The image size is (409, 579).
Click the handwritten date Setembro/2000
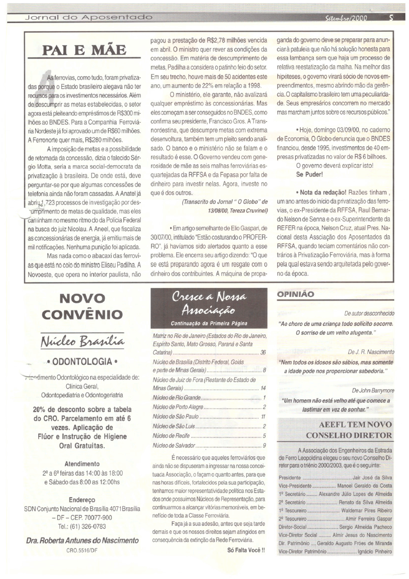(346, 19)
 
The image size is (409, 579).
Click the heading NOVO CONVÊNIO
(83, 307)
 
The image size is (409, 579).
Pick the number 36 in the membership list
(263, 352)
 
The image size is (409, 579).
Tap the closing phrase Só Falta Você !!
(246, 550)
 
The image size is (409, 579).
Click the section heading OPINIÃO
(295, 294)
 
